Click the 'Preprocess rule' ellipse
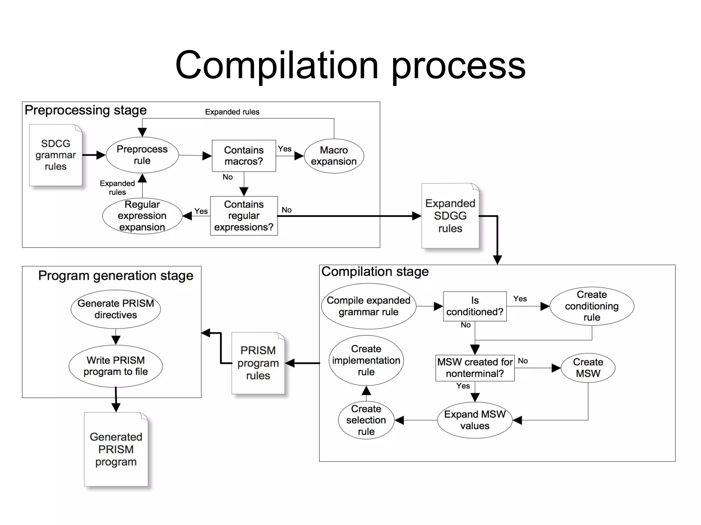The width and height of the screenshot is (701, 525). tap(142, 155)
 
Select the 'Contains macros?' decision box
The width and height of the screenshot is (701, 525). tap(244, 156)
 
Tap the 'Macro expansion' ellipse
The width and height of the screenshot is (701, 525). tap(334, 156)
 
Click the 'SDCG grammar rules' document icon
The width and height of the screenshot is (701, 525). tap(55, 155)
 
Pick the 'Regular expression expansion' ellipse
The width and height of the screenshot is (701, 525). tap(142, 216)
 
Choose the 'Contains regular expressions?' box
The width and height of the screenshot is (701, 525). tap(244, 216)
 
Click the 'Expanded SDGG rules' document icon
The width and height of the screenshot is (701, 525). tap(450, 216)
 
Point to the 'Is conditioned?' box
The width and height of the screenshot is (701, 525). tap(475, 306)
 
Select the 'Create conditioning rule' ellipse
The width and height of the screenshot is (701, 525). tap(591, 306)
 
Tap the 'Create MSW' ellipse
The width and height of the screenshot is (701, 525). tap(588, 368)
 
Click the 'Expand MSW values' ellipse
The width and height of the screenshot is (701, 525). tap(475, 420)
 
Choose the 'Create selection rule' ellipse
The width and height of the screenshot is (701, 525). tap(366, 420)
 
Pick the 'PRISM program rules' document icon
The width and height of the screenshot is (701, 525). tap(258, 363)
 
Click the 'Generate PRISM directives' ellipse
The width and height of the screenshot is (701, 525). tap(116, 309)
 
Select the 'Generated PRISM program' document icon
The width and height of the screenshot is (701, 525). tap(116, 449)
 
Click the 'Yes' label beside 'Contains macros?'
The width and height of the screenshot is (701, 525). tap(285, 149)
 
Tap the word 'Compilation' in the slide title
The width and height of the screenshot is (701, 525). tap(277, 65)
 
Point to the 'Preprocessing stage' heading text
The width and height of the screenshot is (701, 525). tap(86, 110)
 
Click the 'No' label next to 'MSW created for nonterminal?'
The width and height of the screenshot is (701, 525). tap(523, 361)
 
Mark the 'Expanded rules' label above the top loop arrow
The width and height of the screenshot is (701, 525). tap(232, 112)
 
